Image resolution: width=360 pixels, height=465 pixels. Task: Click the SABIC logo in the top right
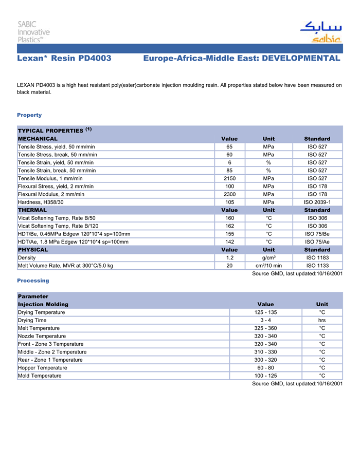tap(320, 32)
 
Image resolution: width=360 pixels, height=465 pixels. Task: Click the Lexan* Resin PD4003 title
tap(64, 59)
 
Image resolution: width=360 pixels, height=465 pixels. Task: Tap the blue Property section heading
tap(29, 115)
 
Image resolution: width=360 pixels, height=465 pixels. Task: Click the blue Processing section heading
tap(33, 281)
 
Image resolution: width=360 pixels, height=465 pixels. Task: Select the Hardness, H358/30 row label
tap(41, 202)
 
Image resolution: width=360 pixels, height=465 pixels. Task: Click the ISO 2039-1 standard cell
tap(317, 202)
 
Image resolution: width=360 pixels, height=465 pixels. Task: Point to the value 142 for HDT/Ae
tap(229, 242)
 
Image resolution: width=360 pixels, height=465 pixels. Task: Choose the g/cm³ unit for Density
tap(268, 257)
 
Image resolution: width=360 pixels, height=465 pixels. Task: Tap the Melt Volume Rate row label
tap(65, 266)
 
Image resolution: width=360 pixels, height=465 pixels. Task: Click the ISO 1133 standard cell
tap(317, 266)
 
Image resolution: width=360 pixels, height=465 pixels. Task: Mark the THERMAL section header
tap(32, 210)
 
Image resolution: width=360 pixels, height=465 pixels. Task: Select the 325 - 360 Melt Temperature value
tap(265, 328)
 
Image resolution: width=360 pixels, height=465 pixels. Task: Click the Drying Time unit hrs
tap(322, 320)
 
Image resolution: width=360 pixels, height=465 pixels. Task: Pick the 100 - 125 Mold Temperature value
tap(265, 376)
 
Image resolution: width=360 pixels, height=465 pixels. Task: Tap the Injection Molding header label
tap(43, 304)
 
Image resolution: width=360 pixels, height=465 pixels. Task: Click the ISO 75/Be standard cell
tap(317, 234)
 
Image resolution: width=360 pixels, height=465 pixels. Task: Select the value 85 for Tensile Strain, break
tap(229, 171)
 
